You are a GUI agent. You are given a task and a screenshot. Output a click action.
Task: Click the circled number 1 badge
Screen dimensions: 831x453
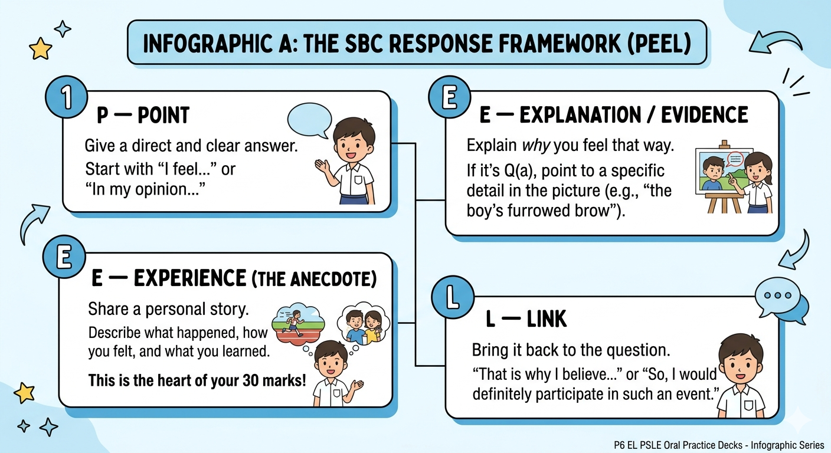pyautogui.click(x=67, y=97)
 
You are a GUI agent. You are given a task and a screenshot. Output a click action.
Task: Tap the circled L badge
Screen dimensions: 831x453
pyautogui.click(x=453, y=297)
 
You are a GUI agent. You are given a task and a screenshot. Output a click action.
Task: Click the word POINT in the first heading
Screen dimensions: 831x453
pyautogui.click(x=163, y=115)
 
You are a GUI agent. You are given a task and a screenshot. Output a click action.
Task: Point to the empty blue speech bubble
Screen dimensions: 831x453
pyautogui.click(x=310, y=120)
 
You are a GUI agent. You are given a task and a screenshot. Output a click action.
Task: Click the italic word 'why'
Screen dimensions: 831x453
pyautogui.click(x=536, y=146)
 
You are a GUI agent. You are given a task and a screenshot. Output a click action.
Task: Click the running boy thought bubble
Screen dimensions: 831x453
pyautogui.click(x=298, y=324)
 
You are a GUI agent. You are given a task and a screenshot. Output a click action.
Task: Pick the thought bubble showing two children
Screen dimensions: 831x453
pyautogui.click(x=364, y=325)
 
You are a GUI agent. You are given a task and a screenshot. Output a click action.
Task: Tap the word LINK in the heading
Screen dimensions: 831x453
pyautogui.click(x=547, y=319)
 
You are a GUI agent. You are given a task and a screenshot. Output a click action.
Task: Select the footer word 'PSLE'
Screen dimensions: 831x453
pyautogui.click(x=650, y=445)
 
